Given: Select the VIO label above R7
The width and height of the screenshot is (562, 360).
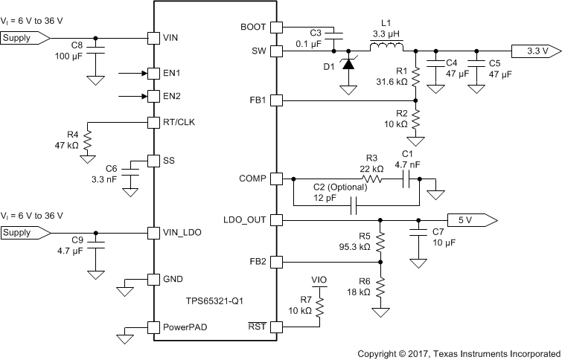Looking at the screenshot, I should [319, 281].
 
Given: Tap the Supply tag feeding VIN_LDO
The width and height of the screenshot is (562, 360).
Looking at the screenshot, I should [25, 232].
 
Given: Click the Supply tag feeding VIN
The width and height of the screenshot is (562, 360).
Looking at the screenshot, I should [25, 36].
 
